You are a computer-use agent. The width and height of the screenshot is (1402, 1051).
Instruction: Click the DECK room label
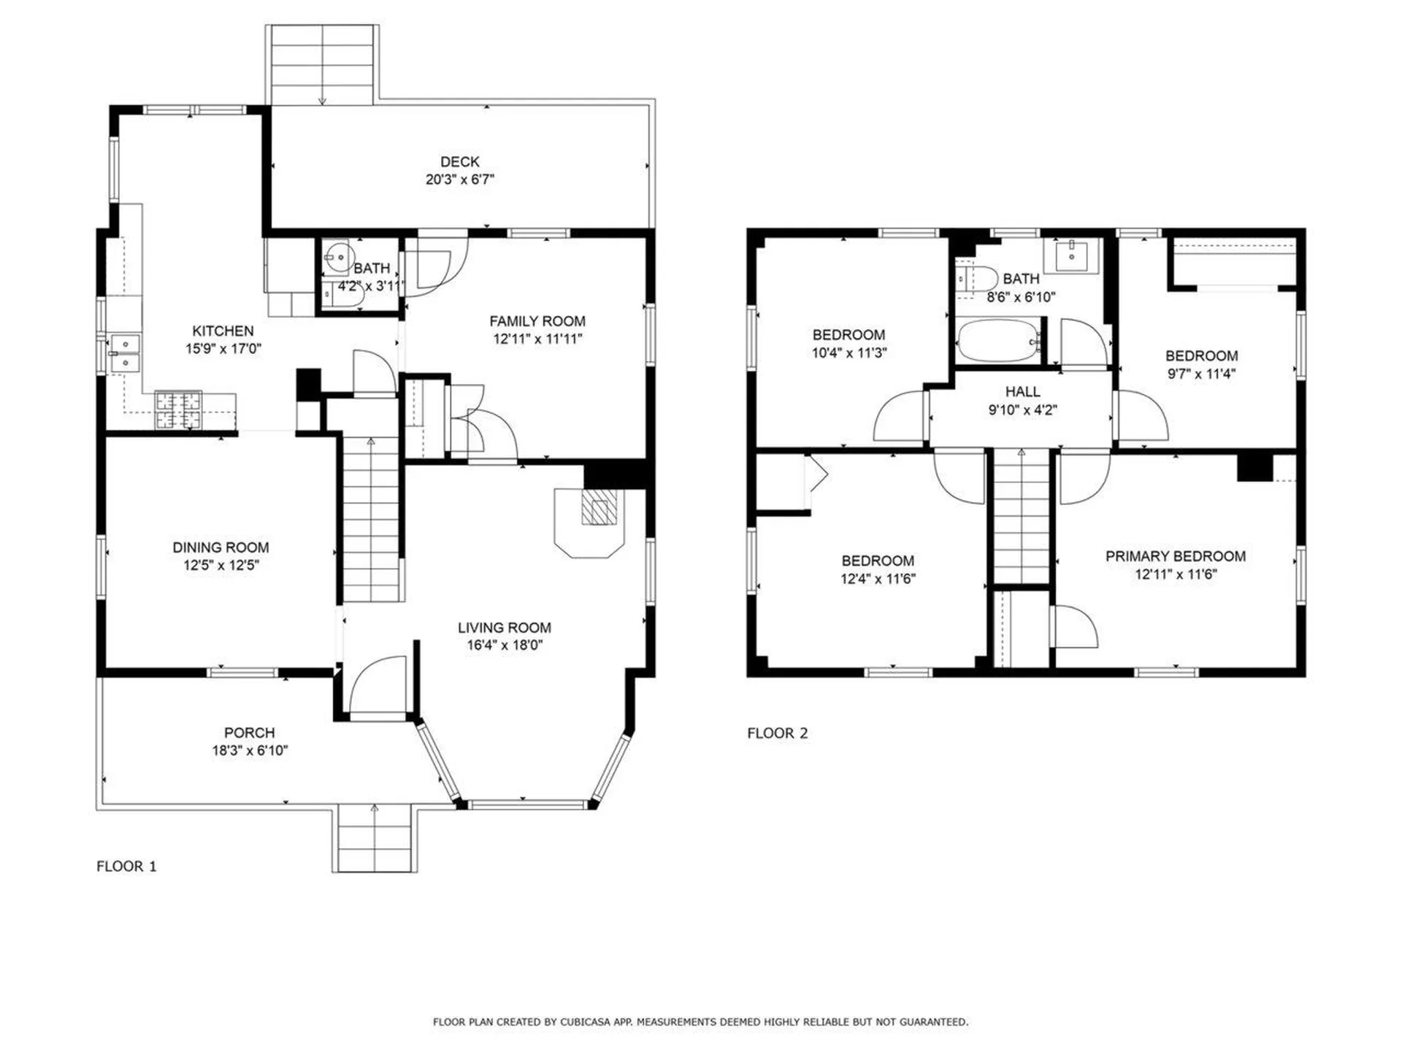460,162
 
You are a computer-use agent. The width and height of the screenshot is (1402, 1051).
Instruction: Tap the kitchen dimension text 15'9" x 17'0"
223,349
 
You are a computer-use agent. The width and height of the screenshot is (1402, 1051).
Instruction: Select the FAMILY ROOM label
537,321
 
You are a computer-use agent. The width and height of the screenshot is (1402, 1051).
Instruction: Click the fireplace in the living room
590,523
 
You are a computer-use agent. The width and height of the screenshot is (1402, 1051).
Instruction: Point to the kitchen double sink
125,353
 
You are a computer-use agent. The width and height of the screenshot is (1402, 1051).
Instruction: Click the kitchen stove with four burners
177,410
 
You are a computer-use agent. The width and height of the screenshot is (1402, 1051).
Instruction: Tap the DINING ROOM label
221,547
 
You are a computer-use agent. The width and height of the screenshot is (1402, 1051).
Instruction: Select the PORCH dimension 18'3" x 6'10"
250,750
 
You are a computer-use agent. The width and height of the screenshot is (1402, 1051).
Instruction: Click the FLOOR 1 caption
126,866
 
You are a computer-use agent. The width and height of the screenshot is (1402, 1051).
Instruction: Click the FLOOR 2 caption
778,734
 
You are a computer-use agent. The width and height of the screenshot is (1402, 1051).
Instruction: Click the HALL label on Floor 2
1022,392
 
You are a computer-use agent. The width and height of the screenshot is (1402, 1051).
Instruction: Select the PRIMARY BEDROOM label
1176,556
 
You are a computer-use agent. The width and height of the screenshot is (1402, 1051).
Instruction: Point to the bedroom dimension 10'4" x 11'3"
849,353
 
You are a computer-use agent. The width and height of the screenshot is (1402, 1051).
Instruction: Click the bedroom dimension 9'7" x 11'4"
1201,374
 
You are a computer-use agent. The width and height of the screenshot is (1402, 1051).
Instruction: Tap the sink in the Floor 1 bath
338,256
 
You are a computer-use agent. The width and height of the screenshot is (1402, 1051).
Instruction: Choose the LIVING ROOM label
505,628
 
